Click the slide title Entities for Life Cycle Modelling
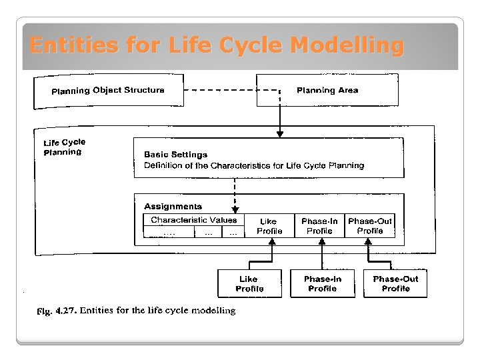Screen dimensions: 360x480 tap(217, 45)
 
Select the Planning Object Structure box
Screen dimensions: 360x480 tap(108, 90)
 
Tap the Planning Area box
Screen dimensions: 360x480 tap(327, 90)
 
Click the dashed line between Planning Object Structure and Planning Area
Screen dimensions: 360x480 tap(220, 90)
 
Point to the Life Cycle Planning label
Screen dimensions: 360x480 tap(64, 147)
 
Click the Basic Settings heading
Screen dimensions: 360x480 tap(175, 155)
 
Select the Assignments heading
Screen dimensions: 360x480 tap(173, 207)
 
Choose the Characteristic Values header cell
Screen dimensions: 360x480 tap(193, 220)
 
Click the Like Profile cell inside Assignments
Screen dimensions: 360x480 tap(269, 226)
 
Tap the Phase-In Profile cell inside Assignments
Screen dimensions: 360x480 tap(319, 226)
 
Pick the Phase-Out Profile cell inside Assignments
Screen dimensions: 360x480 tap(370, 226)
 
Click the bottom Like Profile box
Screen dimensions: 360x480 tap(249, 283)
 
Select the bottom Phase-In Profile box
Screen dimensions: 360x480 tap(322, 283)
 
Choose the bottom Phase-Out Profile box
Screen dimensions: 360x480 tap(395, 283)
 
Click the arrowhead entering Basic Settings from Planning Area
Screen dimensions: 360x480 tap(280, 134)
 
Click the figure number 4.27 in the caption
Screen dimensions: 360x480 tap(67, 311)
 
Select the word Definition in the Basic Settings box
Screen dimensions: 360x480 tap(163, 165)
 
